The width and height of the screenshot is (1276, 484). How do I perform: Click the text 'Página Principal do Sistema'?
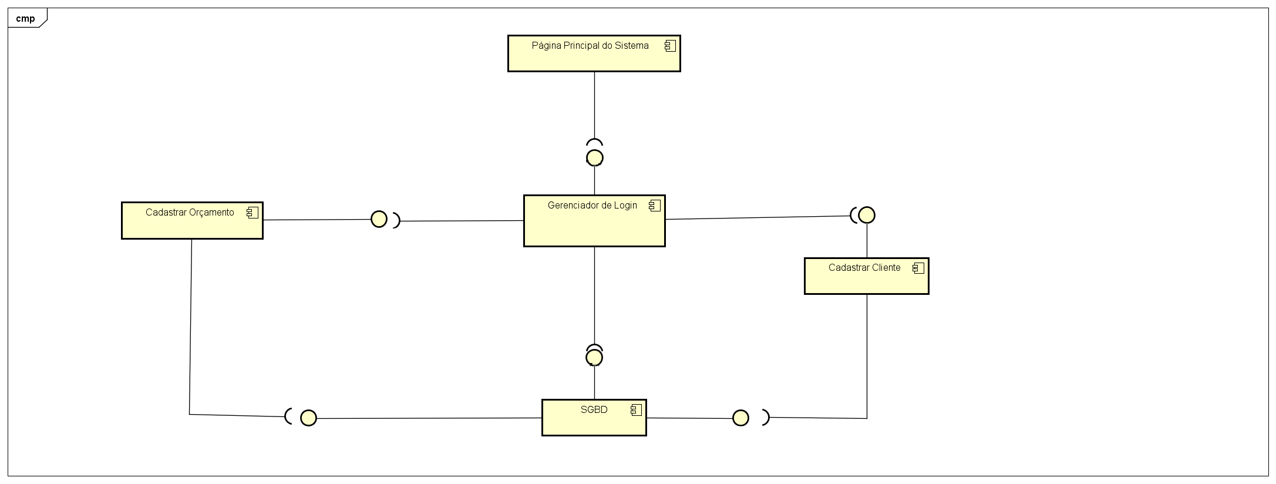pyautogui.click(x=590, y=46)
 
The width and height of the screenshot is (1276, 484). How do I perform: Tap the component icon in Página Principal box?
pyautogui.click(x=670, y=46)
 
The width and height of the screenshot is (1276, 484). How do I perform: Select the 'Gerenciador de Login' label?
pyautogui.click(x=592, y=206)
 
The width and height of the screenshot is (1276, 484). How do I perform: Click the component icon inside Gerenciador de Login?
pyautogui.click(x=654, y=206)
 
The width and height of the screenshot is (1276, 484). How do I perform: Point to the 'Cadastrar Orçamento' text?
pyautogui.click(x=190, y=213)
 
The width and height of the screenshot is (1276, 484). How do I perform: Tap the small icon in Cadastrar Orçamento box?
pyautogui.click(x=252, y=213)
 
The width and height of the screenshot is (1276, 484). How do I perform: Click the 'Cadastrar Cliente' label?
pyautogui.click(x=864, y=268)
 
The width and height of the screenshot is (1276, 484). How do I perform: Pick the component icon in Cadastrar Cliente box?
pyautogui.click(x=918, y=268)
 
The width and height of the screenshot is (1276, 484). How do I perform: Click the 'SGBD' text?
pyautogui.click(x=594, y=410)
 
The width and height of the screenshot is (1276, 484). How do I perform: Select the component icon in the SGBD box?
pyautogui.click(x=636, y=410)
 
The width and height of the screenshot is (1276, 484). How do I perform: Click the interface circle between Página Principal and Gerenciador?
pyautogui.click(x=595, y=157)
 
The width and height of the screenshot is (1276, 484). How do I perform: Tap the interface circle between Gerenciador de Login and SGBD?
pyautogui.click(x=594, y=357)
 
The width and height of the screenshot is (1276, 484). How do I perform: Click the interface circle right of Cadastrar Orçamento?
pyautogui.click(x=379, y=219)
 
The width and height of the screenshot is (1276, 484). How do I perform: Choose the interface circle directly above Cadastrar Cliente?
pyautogui.click(x=867, y=215)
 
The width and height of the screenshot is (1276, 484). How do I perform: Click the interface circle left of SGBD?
pyautogui.click(x=308, y=418)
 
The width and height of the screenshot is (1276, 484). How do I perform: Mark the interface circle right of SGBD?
pyautogui.click(x=740, y=418)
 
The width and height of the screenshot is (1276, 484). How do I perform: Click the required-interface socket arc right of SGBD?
pyautogui.click(x=766, y=417)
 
